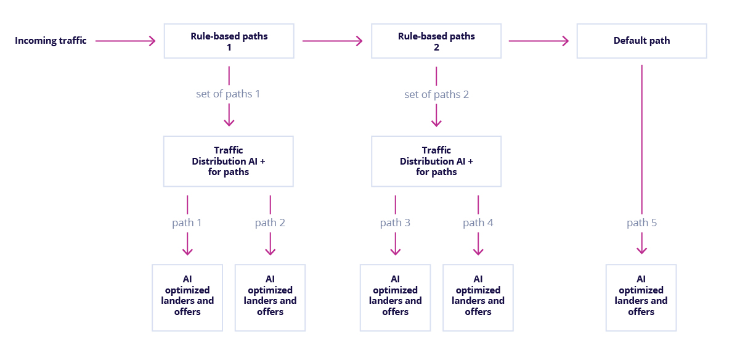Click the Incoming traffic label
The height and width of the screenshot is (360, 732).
51,41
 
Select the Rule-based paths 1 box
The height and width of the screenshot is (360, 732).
229,41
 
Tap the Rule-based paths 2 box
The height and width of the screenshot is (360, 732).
436,41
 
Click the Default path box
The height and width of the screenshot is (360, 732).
641,41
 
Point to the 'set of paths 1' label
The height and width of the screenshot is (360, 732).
228,94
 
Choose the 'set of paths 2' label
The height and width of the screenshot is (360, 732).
436,94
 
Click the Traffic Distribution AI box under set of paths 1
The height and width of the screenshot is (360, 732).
228,161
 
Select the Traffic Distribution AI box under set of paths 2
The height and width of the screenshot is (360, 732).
436,161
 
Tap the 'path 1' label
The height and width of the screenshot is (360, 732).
187,223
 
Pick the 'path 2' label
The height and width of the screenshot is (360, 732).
270,223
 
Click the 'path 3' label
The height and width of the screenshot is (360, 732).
395,223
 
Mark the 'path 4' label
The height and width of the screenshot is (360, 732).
478,223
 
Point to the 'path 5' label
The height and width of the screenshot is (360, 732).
641,223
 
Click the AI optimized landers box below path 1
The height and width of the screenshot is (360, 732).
187,297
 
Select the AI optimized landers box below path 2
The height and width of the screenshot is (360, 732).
270,297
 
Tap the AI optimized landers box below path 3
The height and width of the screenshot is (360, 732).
395,297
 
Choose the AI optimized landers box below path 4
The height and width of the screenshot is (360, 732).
478,297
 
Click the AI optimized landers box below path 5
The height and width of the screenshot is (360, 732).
641,297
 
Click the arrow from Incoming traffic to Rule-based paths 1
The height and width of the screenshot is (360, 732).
126,41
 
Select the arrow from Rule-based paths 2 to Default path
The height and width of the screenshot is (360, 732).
538,41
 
